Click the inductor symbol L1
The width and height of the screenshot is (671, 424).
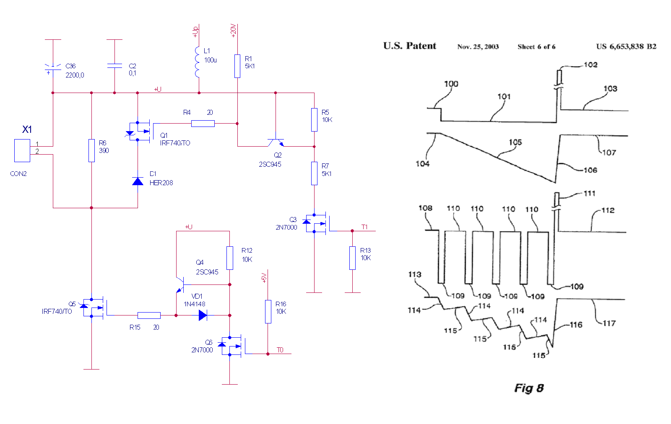pos(197,62)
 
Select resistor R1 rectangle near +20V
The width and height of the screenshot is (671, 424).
pos(237,66)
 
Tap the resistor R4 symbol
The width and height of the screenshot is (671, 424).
pos(203,124)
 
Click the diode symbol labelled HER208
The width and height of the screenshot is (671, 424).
pos(138,181)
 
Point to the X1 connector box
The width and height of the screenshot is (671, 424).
pos(22,150)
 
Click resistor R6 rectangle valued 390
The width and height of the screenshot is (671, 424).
pos(92,150)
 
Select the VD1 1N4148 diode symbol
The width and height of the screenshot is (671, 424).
pos(203,315)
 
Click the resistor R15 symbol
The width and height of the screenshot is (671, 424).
pos(149,315)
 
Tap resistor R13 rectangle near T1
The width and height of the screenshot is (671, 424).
pos(352,258)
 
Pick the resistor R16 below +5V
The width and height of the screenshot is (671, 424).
pos(268,311)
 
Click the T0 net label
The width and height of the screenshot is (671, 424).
pos(280,350)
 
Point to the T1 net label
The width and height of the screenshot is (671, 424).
pos(364,227)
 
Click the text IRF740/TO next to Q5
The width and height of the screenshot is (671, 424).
pos(57,311)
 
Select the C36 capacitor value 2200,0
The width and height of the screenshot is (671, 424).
pos(75,75)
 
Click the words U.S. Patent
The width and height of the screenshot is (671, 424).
pos(409,46)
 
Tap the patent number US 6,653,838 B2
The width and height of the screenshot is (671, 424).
pos(626,47)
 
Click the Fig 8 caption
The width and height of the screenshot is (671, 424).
pos(529,388)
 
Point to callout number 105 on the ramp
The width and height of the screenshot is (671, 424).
pos(515,142)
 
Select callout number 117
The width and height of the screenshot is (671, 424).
pos(609,323)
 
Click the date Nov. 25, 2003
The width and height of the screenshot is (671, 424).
pos(478,47)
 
